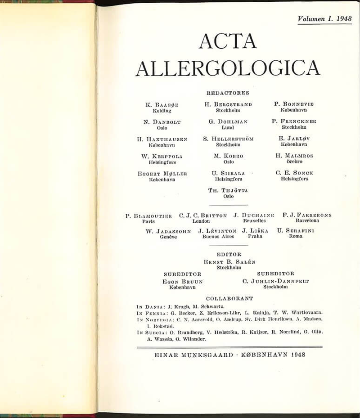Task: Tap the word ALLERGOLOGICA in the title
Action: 228,68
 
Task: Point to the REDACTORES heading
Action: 228,93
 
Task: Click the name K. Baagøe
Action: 162,105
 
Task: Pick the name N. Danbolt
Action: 162,122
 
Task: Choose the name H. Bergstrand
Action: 228,104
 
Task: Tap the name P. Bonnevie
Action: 294,104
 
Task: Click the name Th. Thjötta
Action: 228,190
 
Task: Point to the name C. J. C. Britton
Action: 203,216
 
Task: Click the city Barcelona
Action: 307,221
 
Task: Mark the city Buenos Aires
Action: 218,236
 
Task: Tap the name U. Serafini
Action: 295,231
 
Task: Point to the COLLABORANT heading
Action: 229,298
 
